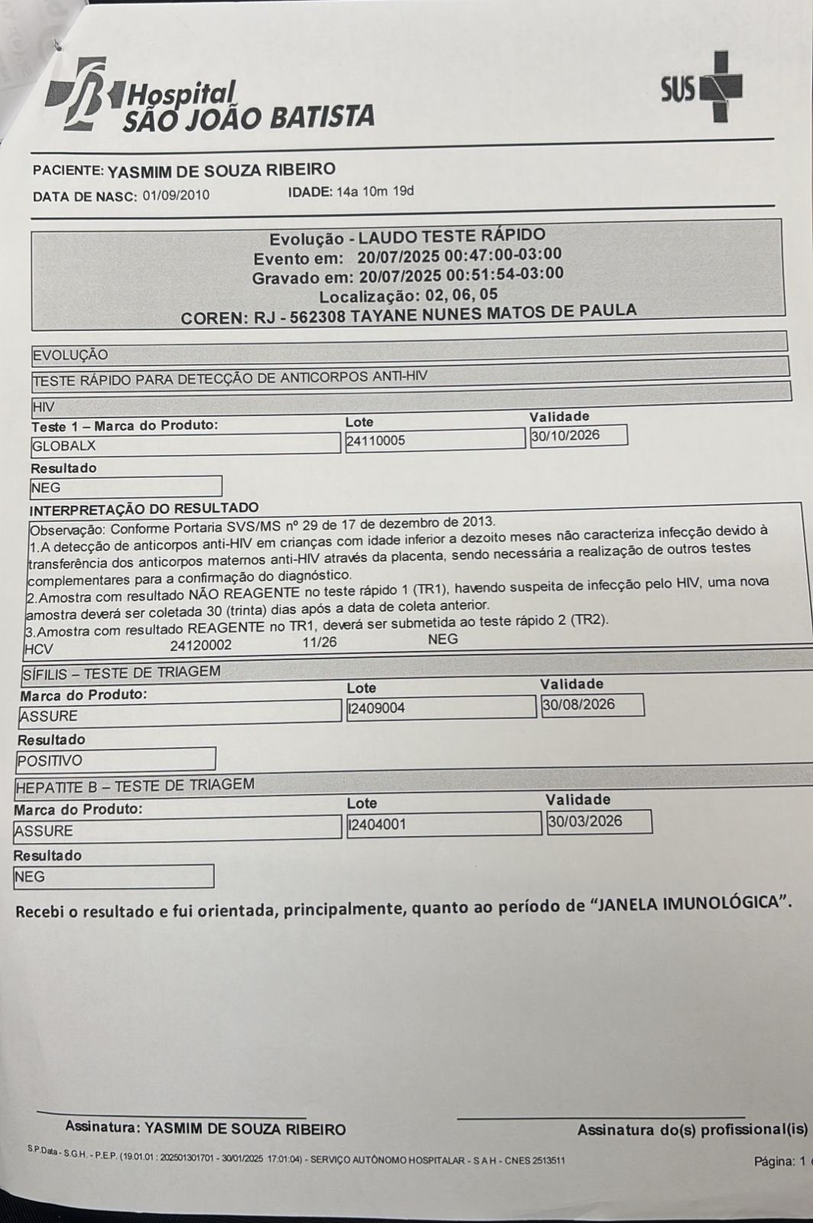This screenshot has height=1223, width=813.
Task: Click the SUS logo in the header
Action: [x=701, y=88]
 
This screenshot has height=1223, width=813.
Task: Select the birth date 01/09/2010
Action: [x=175, y=195]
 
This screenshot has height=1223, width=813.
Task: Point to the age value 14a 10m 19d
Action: [x=375, y=191]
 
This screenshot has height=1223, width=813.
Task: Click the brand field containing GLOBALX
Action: [x=185, y=445]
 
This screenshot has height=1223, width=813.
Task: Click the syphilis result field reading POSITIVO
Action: [x=115, y=760]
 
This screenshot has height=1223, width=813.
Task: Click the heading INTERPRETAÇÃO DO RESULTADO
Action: [x=144, y=508]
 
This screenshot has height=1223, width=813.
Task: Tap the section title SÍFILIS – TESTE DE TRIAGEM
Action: [x=121, y=672]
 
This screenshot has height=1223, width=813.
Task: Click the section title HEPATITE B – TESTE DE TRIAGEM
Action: [x=135, y=785]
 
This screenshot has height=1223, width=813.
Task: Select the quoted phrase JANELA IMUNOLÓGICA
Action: [x=688, y=903]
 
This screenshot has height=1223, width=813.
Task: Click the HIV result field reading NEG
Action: [x=125, y=487]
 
